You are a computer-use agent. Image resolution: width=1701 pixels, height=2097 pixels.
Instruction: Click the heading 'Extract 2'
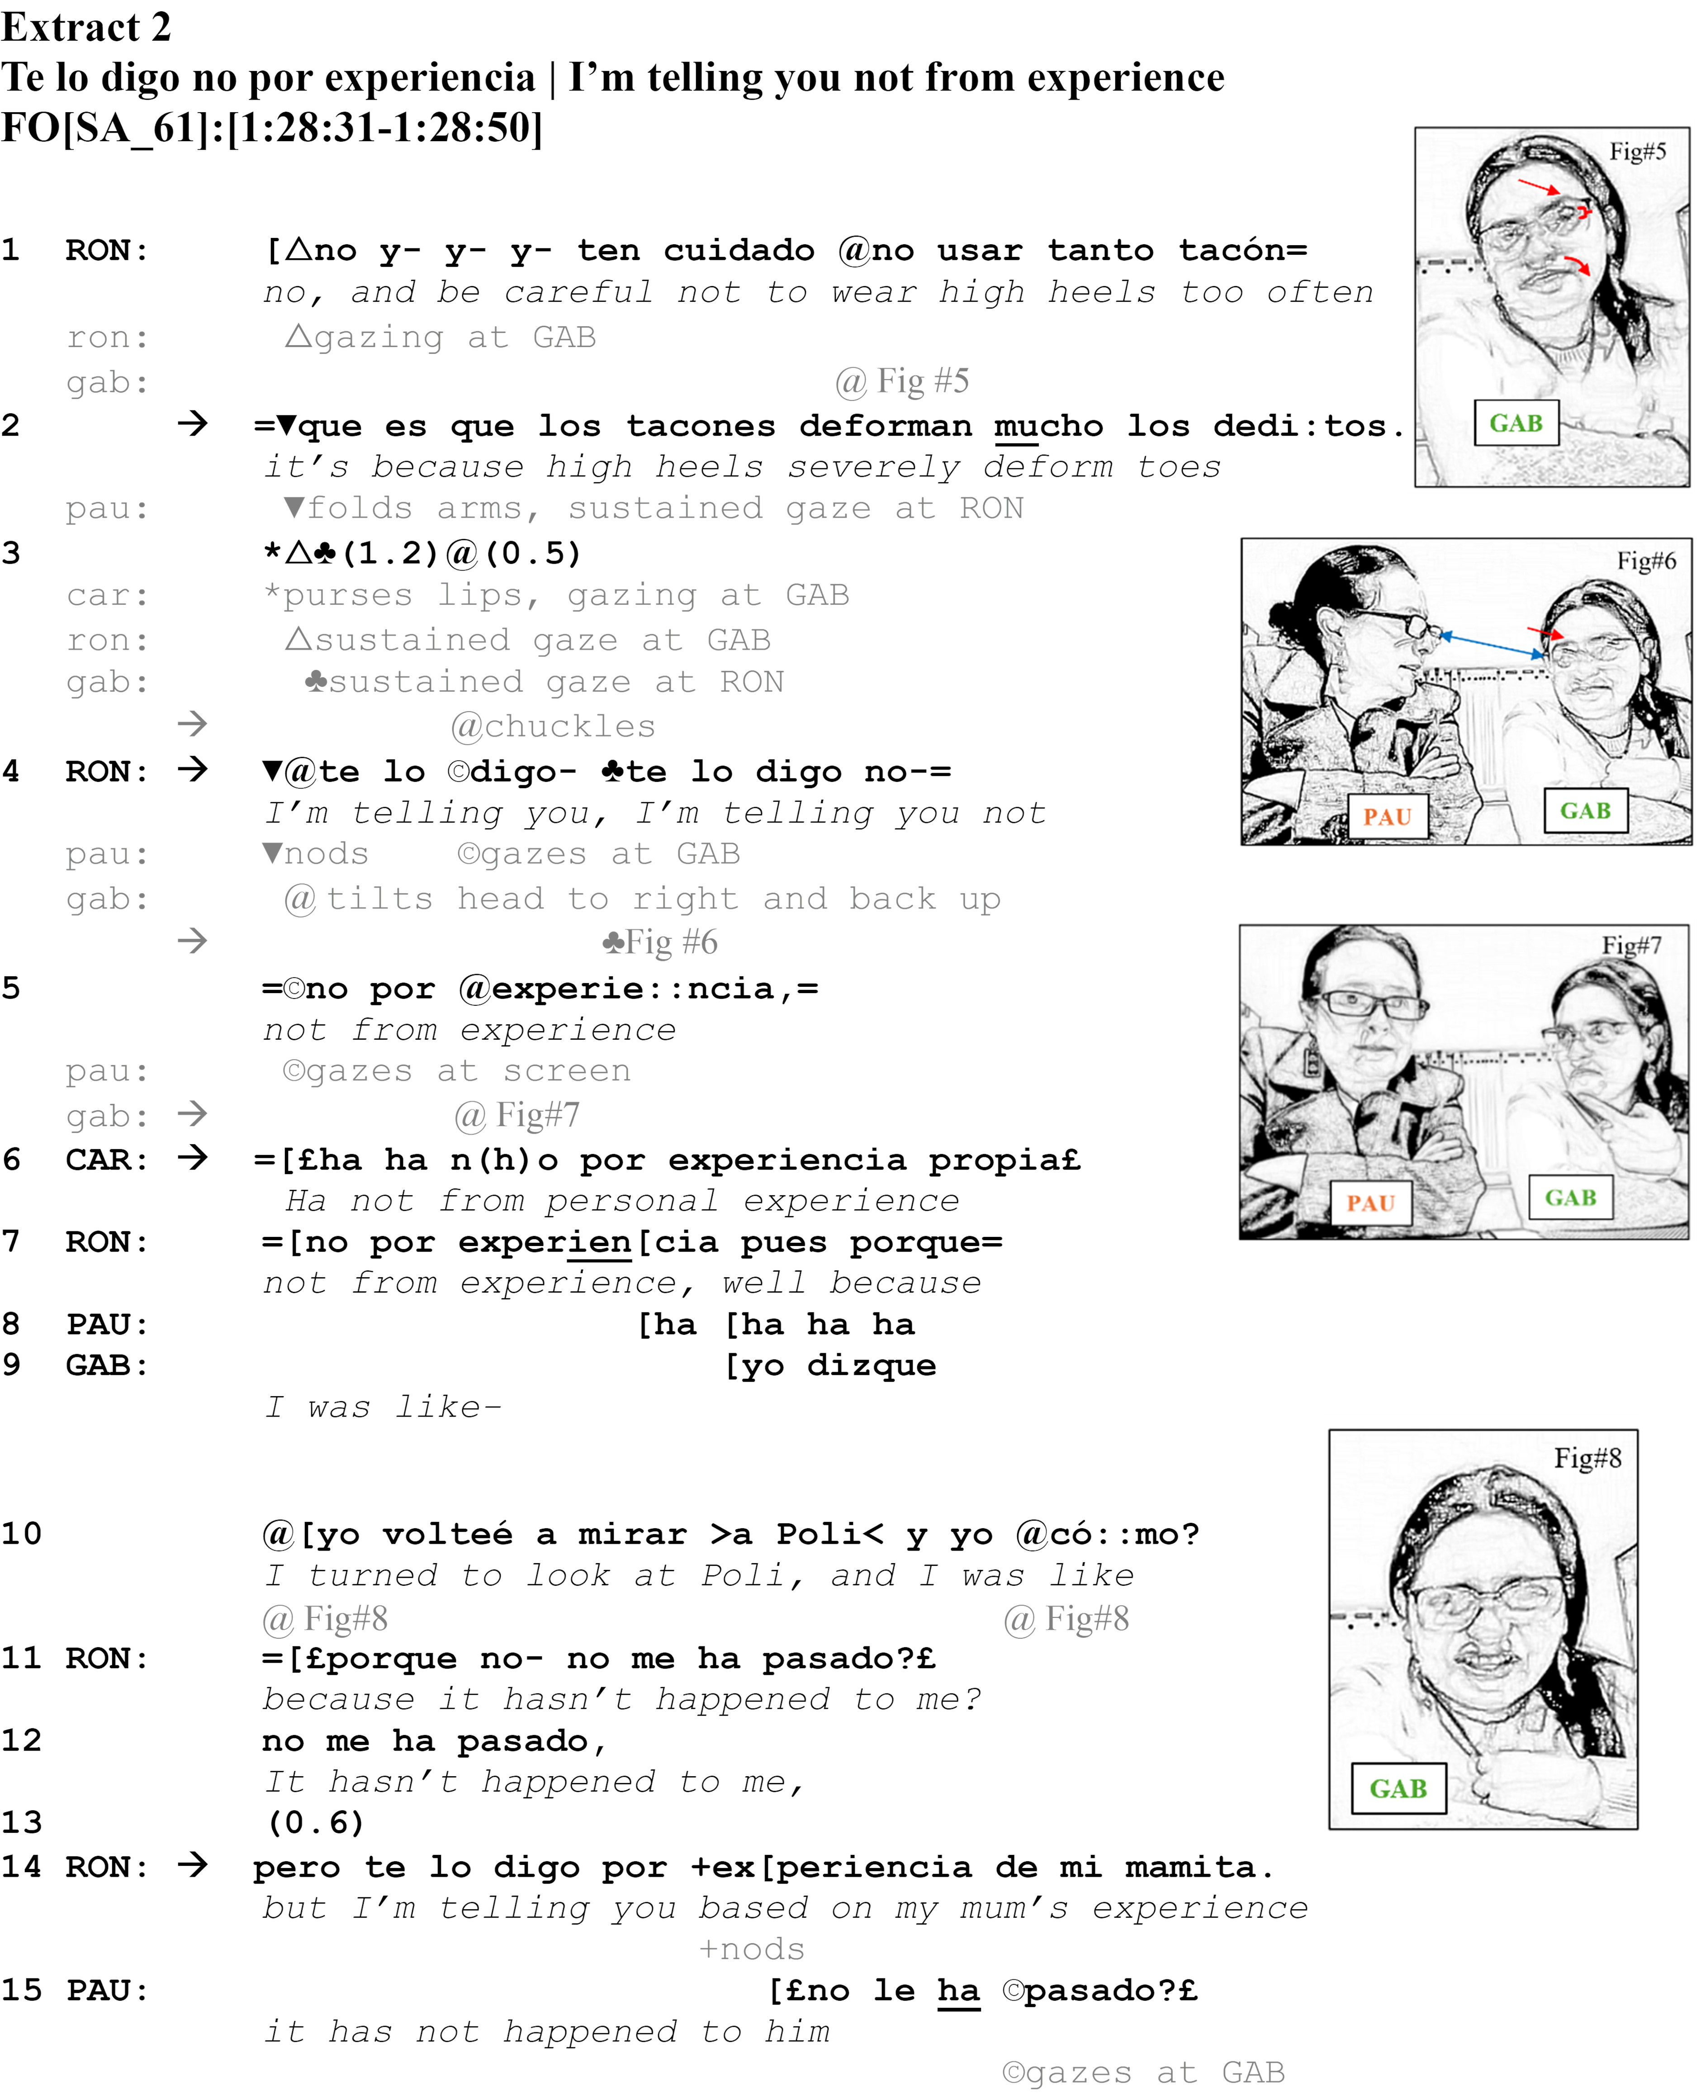(86, 28)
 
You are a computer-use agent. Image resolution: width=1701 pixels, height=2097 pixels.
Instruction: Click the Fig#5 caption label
(1637, 152)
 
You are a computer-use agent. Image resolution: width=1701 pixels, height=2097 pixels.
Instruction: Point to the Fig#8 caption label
(1587, 1458)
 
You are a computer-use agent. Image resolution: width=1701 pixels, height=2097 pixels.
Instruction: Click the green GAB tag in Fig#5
(1516, 423)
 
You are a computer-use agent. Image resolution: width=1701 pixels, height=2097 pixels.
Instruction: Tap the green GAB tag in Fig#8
(1398, 1788)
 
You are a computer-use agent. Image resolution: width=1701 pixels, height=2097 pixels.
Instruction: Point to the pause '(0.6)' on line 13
(316, 1823)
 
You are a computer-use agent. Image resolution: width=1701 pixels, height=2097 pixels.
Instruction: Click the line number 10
(22, 1534)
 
